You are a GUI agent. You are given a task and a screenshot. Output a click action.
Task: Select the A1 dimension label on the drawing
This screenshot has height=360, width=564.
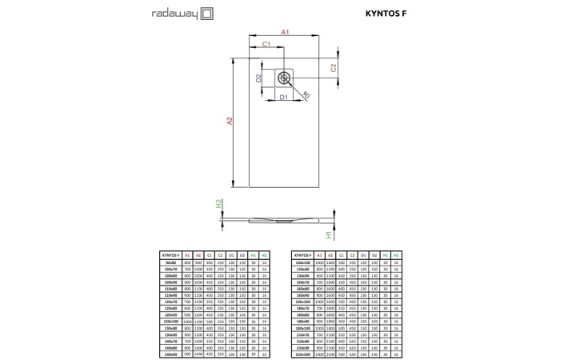[285, 32]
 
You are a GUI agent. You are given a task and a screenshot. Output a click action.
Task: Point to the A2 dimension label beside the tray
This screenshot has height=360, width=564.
[229, 121]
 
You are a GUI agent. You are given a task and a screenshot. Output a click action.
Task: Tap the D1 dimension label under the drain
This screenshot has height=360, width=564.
[283, 97]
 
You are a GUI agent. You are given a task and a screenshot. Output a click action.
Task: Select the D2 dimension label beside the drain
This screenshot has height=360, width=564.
[258, 78]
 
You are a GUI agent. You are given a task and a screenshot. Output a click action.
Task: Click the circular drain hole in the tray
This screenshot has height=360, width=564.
[286, 78]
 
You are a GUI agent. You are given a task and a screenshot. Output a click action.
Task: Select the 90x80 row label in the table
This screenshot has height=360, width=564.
[170, 262]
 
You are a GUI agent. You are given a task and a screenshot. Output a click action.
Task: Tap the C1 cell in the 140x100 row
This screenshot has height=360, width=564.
[341, 262]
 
